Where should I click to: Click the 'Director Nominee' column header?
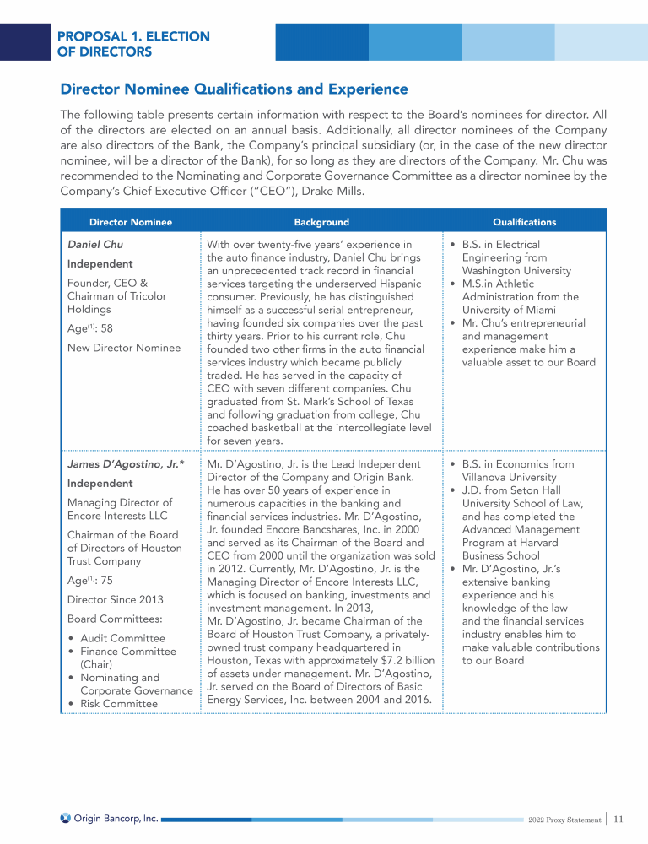131,222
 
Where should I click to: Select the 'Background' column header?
321,222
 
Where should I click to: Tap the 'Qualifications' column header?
525,222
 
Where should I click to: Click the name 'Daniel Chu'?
95,246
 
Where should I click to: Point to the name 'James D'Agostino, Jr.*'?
126,464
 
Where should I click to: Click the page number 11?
618,819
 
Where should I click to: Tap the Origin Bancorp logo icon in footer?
66,818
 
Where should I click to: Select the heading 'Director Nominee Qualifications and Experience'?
234,89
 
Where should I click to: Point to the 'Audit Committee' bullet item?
122,638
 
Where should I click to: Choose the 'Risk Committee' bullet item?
119,704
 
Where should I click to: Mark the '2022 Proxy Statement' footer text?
563,820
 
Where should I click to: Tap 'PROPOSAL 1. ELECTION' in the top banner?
133,37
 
